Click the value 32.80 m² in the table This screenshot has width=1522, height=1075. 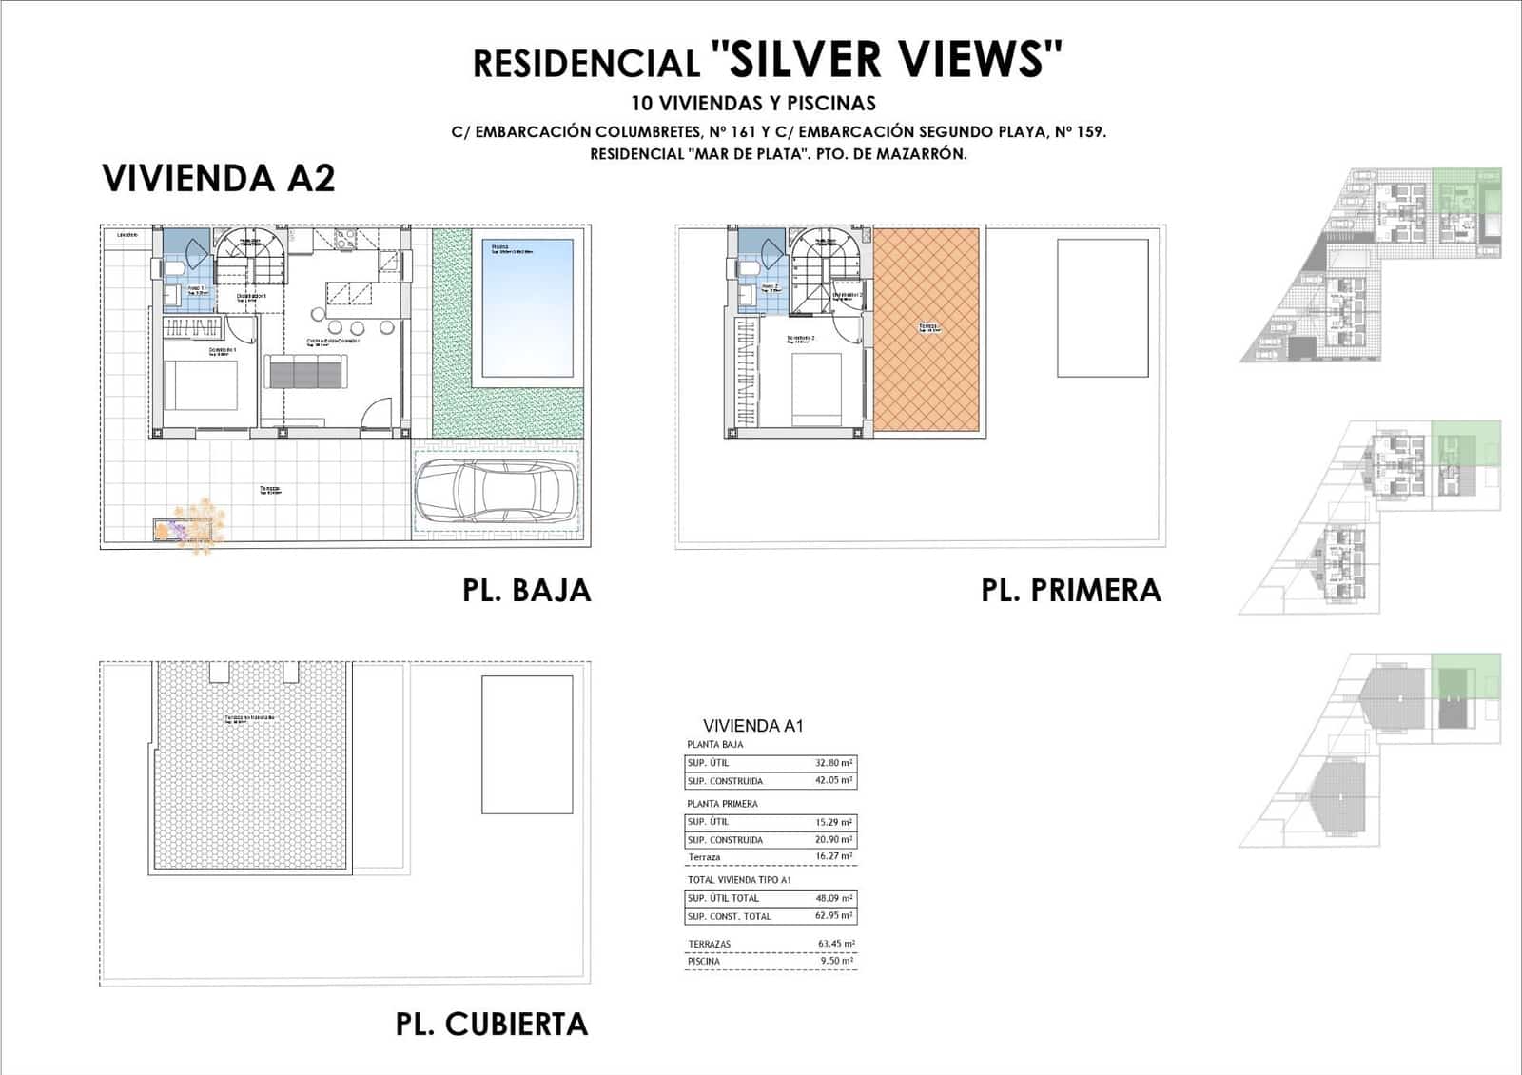(833, 763)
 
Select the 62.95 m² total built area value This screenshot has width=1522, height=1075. (833, 916)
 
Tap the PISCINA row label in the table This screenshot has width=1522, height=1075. (704, 962)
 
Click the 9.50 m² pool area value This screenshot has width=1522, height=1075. (835, 962)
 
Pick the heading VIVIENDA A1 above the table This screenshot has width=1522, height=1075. (752, 726)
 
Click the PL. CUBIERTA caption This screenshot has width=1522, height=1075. (491, 1025)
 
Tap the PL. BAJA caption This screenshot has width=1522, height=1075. (526, 591)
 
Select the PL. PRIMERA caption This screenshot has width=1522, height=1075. (1070, 591)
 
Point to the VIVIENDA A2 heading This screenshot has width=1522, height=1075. (219, 179)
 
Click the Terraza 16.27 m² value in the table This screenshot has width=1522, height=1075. (833, 856)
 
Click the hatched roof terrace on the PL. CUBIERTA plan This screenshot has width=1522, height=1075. (249, 766)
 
